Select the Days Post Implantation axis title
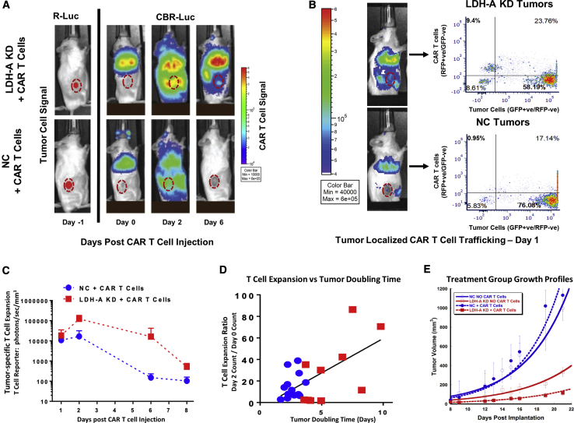pyautogui.click(x=507, y=418)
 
